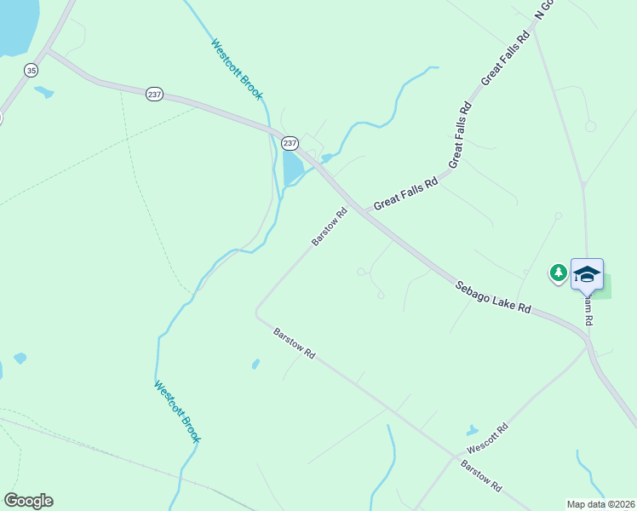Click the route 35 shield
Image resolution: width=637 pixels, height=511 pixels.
[32, 71]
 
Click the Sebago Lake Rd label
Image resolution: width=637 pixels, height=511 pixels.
[492, 297]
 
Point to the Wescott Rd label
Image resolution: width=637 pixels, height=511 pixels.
[487, 438]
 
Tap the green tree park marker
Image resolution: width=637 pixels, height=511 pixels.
[558, 273]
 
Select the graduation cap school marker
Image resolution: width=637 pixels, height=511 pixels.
[587, 274]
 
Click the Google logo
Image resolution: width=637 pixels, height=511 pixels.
[28, 501]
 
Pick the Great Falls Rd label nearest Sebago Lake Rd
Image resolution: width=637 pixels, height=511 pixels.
[405, 192]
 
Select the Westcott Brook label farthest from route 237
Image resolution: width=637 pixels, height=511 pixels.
[177, 411]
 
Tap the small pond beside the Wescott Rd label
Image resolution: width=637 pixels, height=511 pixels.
[472, 431]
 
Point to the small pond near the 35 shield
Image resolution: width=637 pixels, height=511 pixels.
[43, 92]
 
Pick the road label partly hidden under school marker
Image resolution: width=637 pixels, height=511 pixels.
[588, 310]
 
